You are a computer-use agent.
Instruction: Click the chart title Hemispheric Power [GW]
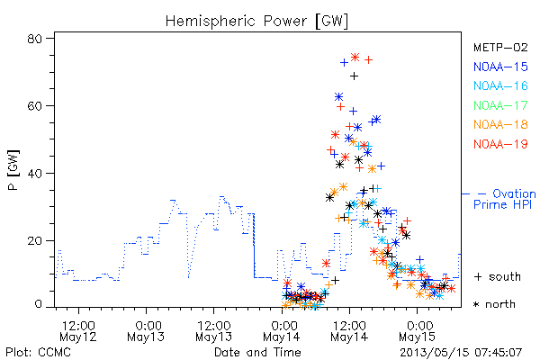pyautogui.click(x=256, y=22)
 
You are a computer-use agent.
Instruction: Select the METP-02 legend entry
pyautogui.click(x=500, y=47)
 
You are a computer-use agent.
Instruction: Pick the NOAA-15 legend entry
pyautogui.click(x=500, y=67)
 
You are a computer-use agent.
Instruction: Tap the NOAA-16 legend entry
pyautogui.click(x=500, y=85)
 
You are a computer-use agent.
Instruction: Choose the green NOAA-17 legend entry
pyautogui.click(x=500, y=105)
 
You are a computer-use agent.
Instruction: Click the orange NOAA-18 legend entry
pyautogui.click(x=500, y=124)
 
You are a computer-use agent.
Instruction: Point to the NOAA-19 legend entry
pyautogui.click(x=500, y=144)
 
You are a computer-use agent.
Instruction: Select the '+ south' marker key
pyautogui.click(x=498, y=276)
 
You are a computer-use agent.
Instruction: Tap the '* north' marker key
pyautogui.click(x=494, y=304)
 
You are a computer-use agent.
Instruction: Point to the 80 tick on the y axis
pyautogui.click(x=34, y=39)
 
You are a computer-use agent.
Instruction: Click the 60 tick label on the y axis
pyautogui.click(x=34, y=106)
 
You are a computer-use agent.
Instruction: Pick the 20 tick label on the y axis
pyautogui.click(x=34, y=240)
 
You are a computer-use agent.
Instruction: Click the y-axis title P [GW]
pyautogui.click(x=13, y=170)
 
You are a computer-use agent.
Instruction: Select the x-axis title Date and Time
pyautogui.click(x=257, y=352)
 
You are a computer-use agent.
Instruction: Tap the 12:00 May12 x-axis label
pyautogui.click(x=78, y=331)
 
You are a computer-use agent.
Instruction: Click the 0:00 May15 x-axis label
pyautogui.click(x=418, y=331)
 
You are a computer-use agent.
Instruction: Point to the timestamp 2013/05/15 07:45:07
pyautogui.click(x=461, y=353)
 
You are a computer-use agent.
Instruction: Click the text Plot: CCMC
pyautogui.click(x=38, y=353)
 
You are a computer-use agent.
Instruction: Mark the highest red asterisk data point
pyautogui.click(x=355, y=58)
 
